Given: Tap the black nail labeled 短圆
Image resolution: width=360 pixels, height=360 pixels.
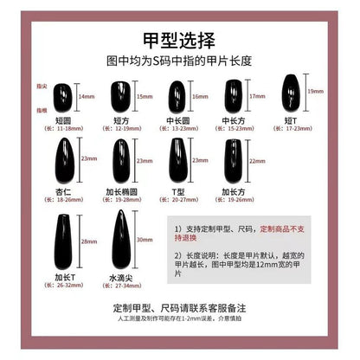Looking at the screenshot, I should pyautogui.click(x=64, y=98).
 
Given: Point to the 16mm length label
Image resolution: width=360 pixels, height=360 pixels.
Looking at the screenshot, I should pyautogui.click(x=201, y=97).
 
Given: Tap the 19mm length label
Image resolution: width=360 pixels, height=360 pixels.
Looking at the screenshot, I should pyautogui.click(x=318, y=91).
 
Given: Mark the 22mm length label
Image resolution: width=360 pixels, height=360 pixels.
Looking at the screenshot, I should pyautogui.click(x=257, y=161).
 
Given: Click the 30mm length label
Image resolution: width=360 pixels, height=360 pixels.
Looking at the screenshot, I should pyautogui.click(x=143, y=240).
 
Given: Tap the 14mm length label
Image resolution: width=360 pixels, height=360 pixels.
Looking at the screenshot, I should pyautogui.click(x=85, y=99).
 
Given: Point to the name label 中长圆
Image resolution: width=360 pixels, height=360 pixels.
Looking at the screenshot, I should pyautogui.click(x=177, y=120).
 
